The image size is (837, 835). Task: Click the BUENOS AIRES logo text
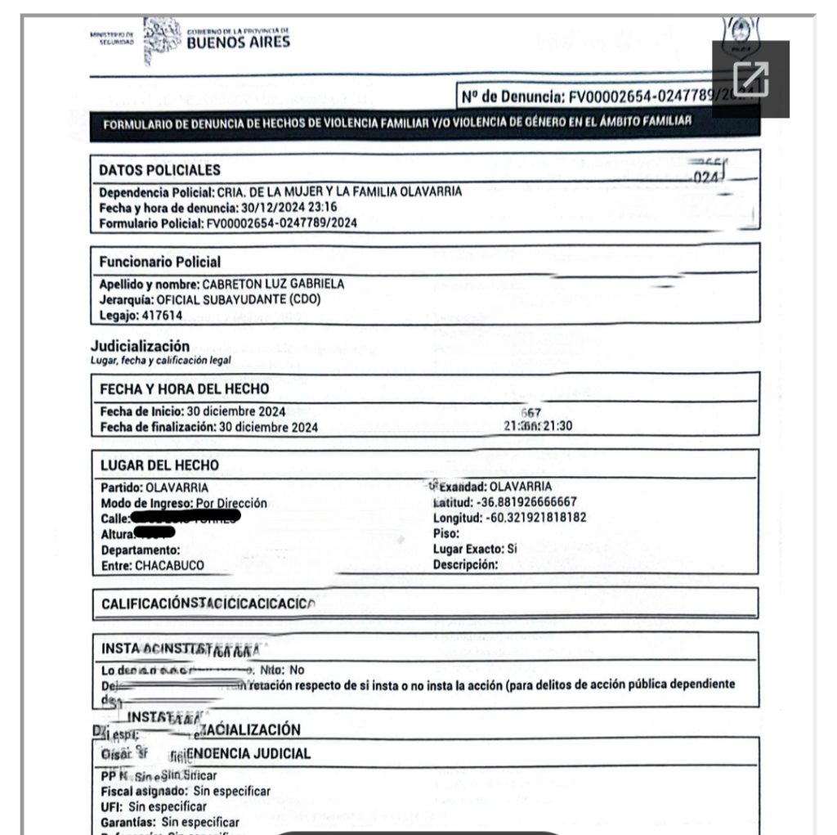tap(238, 42)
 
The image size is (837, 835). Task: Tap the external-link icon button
tap(750, 79)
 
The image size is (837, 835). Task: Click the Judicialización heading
tap(140, 346)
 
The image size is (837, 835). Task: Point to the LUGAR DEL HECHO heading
tap(159, 465)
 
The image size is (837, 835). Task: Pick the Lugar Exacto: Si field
tap(475, 550)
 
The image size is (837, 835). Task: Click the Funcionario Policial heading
tap(159, 262)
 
